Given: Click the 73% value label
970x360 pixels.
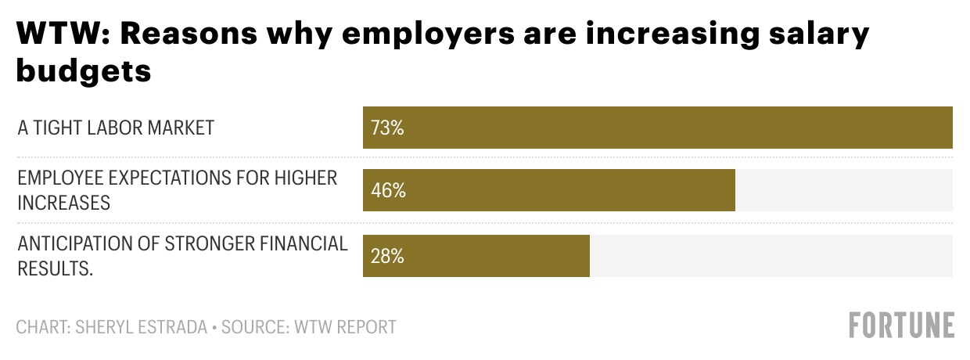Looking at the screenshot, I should pyautogui.click(x=387, y=128).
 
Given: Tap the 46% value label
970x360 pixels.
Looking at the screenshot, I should pyautogui.click(x=388, y=190).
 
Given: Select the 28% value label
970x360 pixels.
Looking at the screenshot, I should pyautogui.click(x=387, y=256).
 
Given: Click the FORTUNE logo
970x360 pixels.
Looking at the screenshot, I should pyautogui.click(x=902, y=325).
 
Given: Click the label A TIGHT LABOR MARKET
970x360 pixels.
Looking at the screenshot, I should pyautogui.click(x=116, y=128).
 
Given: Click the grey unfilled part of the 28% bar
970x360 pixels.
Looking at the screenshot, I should pyautogui.click(x=771, y=256).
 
